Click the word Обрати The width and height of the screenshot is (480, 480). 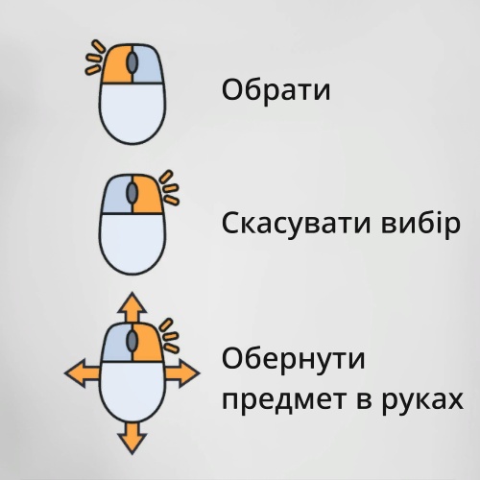point(276,90)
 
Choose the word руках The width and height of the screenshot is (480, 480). point(423,400)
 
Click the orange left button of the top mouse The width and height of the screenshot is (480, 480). point(116,64)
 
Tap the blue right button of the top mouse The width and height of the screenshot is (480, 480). point(148,64)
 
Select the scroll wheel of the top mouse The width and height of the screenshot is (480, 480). point(132,62)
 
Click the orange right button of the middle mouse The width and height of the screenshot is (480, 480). point(148,195)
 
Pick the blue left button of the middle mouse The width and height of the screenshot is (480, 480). point(116,195)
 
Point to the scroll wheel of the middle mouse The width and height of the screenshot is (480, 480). point(132,193)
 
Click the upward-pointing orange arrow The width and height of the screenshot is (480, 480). point(132,307)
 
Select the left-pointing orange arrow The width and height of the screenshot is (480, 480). point(83,373)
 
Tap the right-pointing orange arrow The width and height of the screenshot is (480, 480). point(182,373)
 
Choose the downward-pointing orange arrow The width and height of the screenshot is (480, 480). point(132,438)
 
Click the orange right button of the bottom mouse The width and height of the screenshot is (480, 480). point(148,343)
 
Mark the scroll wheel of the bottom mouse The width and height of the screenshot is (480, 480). point(132,341)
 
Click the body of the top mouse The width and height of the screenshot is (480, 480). point(132,112)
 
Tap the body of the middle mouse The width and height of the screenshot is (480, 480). point(132,243)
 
